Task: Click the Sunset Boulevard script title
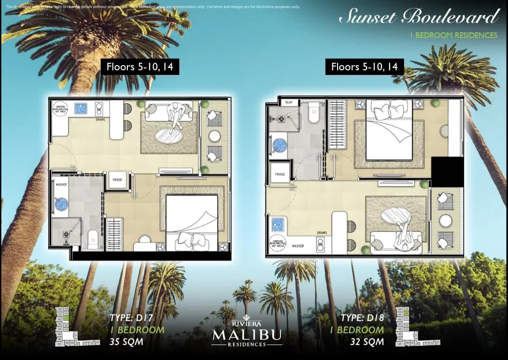coord(418,17)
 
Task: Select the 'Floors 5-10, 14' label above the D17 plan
coord(140,67)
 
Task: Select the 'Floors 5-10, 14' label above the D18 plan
coord(364,67)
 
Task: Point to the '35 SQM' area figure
coord(126,342)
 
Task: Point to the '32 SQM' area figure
coord(367,342)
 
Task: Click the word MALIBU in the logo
coord(247,335)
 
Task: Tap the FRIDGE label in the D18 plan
coord(280,174)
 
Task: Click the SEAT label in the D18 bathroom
coord(288,103)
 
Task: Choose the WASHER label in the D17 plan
coord(61,185)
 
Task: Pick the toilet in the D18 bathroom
coord(314,113)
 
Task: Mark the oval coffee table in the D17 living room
coord(169,137)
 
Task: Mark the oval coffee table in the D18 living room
coord(396,216)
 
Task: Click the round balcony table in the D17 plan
coord(214,136)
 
